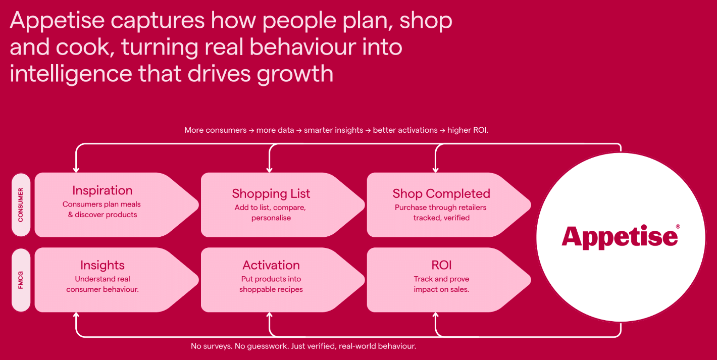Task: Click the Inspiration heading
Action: [x=102, y=190]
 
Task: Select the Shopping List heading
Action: [x=271, y=193]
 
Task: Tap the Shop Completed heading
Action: [x=441, y=193]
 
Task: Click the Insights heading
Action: [x=102, y=265]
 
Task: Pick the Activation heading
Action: [x=271, y=265]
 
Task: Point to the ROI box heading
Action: [x=441, y=265]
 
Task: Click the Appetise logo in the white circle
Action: [x=619, y=236]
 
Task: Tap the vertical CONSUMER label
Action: [x=21, y=205]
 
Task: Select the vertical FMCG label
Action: [x=21, y=279]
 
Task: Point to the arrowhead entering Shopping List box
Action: [x=270, y=169]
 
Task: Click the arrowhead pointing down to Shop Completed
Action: [x=435, y=169]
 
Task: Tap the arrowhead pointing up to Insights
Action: [x=76, y=316]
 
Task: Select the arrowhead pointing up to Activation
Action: [x=270, y=316]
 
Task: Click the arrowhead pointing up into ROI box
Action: [x=435, y=316]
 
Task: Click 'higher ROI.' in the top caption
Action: [x=468, y=130]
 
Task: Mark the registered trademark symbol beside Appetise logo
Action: [x=678, y=227]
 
